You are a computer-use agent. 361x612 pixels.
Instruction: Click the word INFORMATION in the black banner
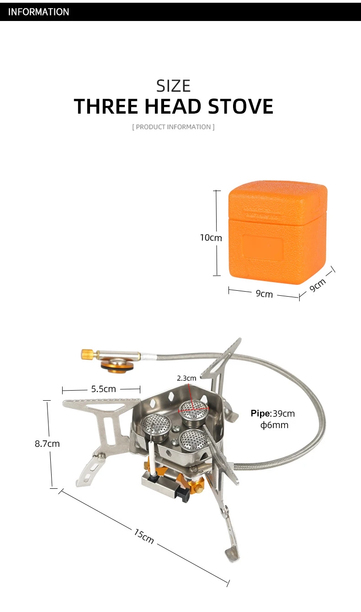point(38,12)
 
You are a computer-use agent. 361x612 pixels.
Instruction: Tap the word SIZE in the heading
point(173,86)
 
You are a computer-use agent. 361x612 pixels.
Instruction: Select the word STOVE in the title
point(241,106)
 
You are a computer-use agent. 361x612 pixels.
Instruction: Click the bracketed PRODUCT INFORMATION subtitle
point(173,127)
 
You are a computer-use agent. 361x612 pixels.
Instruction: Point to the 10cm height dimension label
point(211,238)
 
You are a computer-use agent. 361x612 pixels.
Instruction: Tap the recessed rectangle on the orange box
point(263,248)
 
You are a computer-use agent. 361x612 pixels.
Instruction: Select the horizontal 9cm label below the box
point(264,294)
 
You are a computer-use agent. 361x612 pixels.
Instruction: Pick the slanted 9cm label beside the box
point(318,285)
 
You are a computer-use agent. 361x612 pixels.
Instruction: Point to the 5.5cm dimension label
point(103,389)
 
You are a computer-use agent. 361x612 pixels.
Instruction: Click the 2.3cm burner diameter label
point(186,378)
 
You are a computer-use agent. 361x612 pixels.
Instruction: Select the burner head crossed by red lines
point(193,413)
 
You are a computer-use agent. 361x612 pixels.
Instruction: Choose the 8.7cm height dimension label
point(47,444)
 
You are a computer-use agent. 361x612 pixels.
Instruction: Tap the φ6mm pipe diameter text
point(274,425)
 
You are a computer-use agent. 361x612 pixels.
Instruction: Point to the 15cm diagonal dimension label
point(144,536)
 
